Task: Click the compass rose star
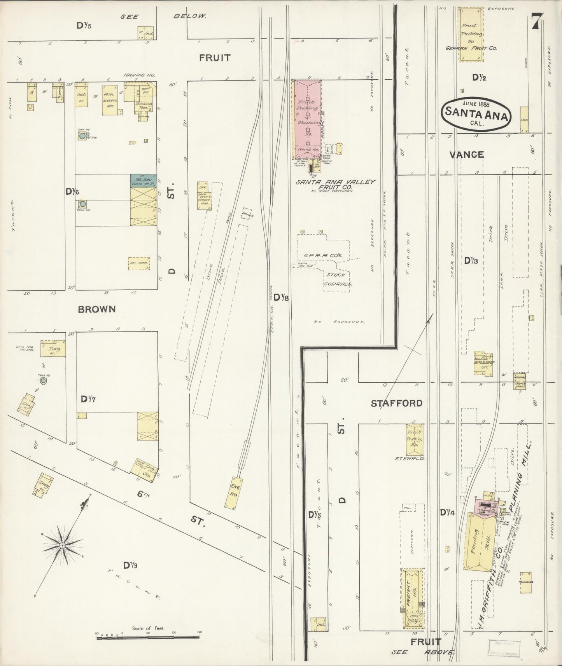pos(62,546)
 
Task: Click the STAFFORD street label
pos(396,403)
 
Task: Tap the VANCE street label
pos(466,155)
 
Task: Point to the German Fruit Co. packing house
pos(471,34)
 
